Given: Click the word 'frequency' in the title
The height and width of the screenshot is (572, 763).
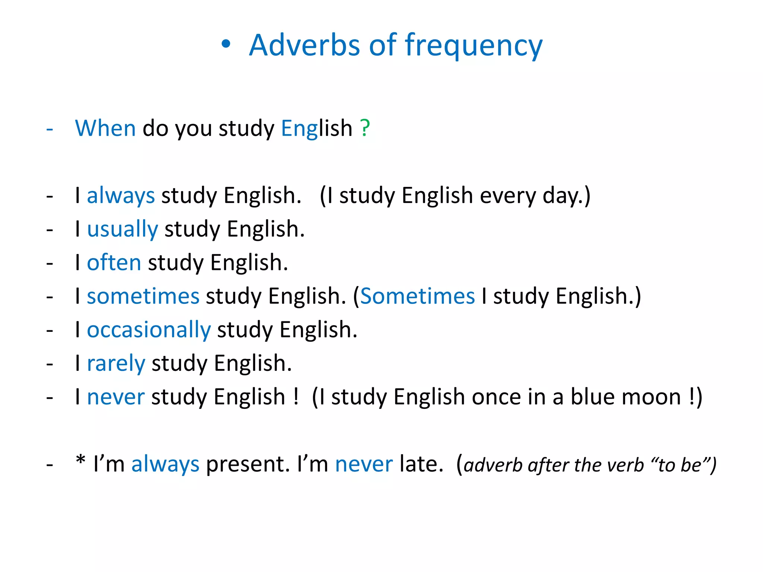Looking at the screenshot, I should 474,46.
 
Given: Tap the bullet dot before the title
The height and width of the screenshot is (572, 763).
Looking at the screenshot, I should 226,45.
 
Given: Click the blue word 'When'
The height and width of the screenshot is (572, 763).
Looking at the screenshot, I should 105,128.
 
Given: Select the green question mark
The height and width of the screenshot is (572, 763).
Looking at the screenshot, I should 365,128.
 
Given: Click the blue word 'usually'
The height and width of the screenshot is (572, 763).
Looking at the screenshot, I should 123,229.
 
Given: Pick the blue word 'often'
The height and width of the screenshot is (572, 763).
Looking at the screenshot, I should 114,263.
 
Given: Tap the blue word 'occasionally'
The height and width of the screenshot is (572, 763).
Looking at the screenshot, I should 149,330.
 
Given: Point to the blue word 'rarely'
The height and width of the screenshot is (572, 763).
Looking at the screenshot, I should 116,363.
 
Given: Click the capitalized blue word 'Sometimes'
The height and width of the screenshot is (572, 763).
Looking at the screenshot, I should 418,296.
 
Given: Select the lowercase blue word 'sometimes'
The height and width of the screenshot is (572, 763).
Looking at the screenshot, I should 143,296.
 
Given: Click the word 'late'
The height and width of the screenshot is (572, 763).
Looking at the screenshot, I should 421,464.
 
